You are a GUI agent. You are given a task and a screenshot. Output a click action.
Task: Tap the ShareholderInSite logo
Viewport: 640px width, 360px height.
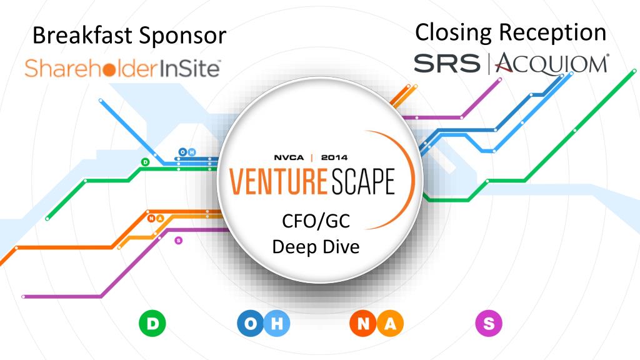pos(122,67)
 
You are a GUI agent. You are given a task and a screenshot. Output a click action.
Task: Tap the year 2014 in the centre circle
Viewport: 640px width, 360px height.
pos(334,157)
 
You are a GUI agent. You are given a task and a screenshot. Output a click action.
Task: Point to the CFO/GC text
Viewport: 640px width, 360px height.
pos(316,222)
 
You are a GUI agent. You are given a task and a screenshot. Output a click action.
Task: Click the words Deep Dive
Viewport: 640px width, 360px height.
pos(316,247)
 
